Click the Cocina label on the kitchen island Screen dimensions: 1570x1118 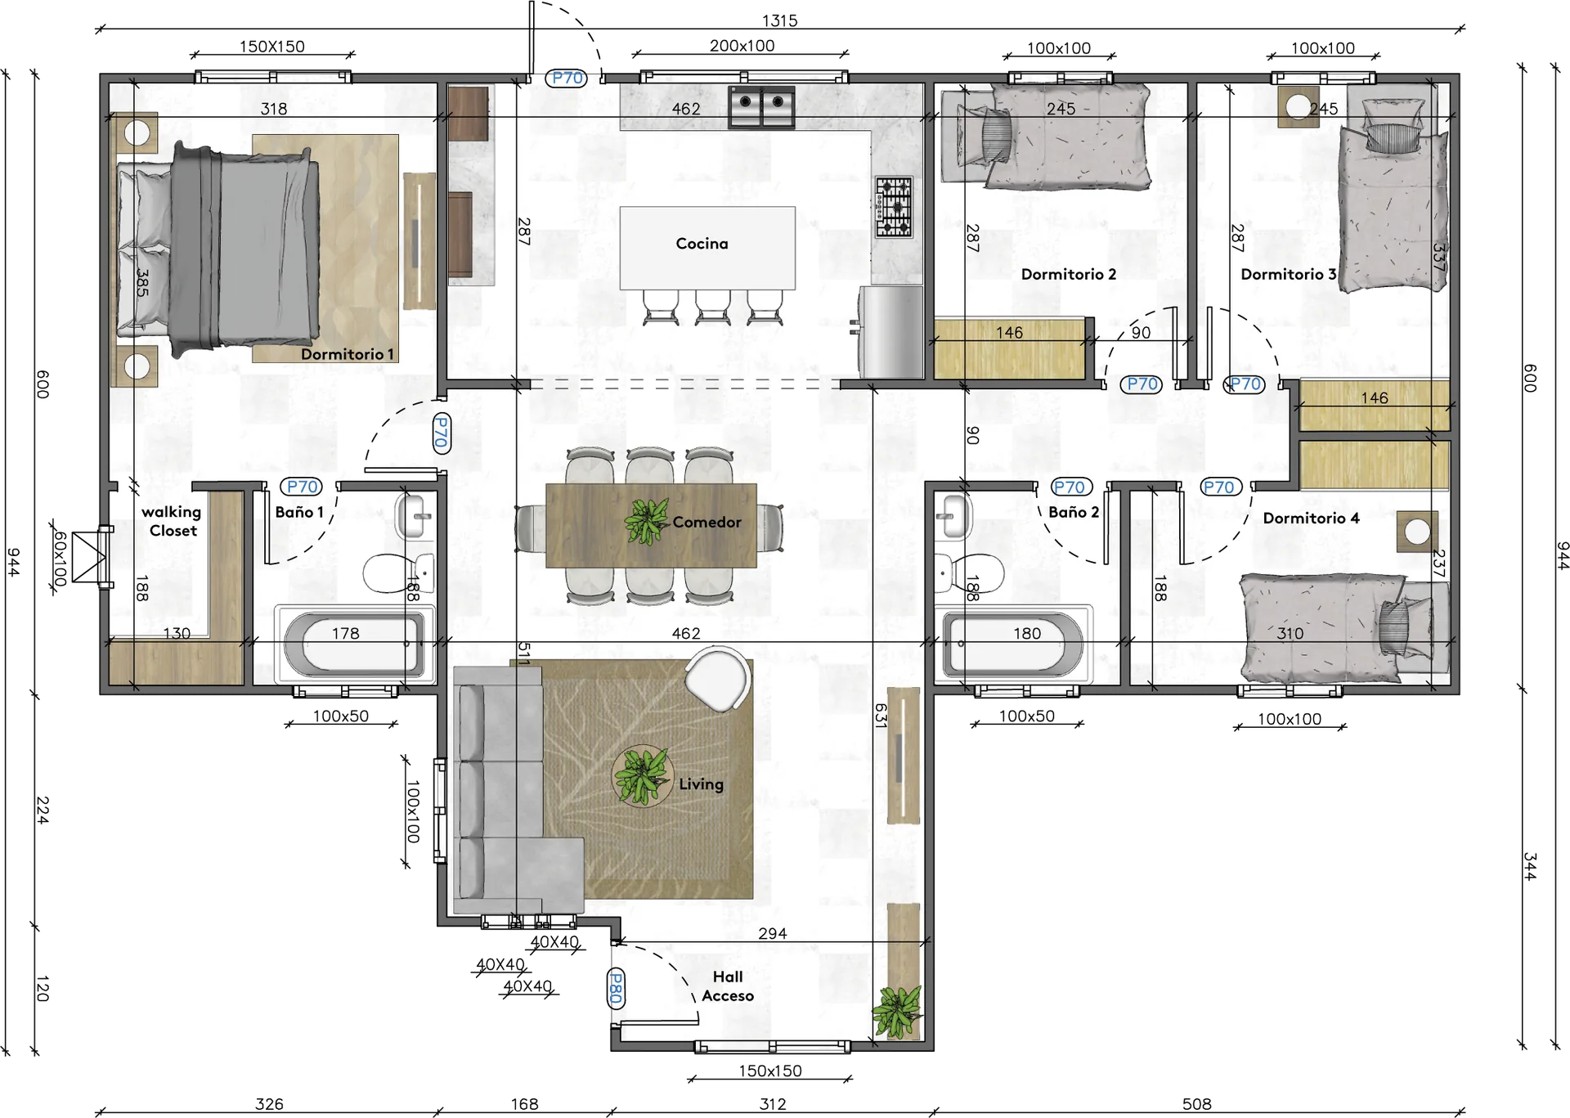point(702,244)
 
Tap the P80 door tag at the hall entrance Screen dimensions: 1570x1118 point(617,990)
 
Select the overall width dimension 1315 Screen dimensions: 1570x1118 point(779,20)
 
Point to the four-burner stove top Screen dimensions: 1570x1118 point(894,207)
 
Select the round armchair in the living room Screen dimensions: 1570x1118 point(717,680)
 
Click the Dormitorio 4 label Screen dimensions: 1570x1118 point(1311,519)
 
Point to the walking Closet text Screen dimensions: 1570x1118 point(172,521)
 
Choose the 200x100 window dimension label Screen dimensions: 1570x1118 point(742,46)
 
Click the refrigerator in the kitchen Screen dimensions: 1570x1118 point(891,331)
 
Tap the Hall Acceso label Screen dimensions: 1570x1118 point(728,986)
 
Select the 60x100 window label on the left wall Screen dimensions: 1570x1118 point(60,559)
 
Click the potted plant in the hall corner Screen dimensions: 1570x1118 point(897,1012)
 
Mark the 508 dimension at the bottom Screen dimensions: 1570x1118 point(1196,1104)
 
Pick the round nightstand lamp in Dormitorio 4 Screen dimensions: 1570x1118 point(1417,532)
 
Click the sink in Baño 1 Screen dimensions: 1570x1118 point(415,516)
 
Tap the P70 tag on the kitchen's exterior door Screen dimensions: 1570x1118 point(567,79)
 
